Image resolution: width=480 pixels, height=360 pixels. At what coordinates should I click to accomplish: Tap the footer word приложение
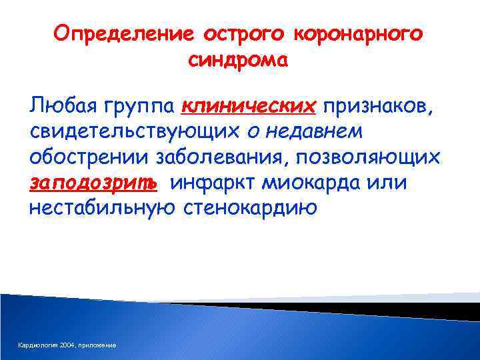coord(98,345)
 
